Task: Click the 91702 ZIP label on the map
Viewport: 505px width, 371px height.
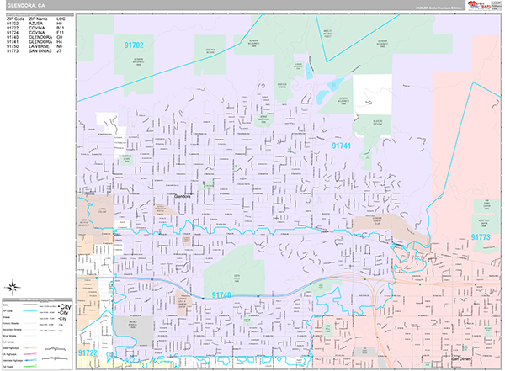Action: click(x=133, y=45)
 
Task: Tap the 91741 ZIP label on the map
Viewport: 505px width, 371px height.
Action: click(x=342, y=146)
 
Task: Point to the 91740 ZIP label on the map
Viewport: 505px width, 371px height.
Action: click(x=221, y=294)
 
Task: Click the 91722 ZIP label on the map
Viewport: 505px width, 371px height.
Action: click(x=88, y=353)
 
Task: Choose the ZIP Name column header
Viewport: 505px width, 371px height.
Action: click(x=38, y=19)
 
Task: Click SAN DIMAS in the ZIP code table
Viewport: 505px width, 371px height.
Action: click(x=40, y=52)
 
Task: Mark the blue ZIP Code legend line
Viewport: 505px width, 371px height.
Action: click(x=35, y=311)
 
